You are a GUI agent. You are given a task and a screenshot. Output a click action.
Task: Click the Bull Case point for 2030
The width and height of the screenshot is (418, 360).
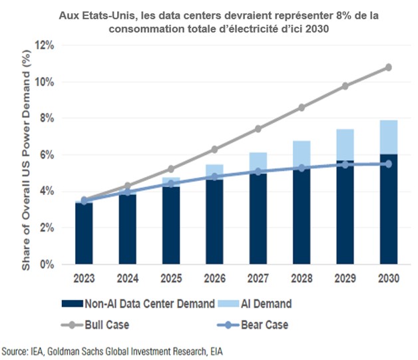(x=389, y=67)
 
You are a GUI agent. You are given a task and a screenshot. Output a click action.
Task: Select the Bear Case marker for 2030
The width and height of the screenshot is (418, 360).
(x=389, y=164)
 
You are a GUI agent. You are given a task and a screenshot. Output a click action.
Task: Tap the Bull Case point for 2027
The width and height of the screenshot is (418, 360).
(x=258, y=128)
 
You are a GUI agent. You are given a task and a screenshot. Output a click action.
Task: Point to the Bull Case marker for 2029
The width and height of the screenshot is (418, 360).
(x=345, y=86)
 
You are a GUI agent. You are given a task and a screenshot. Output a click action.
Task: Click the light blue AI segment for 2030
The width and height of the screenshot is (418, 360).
(x=389, y=137)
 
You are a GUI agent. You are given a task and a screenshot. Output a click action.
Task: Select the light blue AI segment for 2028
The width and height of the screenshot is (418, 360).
(x=302, y=154)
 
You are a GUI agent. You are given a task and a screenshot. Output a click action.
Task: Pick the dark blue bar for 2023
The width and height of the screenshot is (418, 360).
(x=84, y=233)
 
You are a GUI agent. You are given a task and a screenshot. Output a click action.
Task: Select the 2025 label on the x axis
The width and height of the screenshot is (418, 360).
(x=171, y=279)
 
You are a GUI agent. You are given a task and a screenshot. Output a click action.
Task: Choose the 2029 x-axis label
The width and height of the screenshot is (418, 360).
(x=345, y=279)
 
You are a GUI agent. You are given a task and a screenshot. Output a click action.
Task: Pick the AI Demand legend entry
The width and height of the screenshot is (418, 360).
(x=260, y=303)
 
